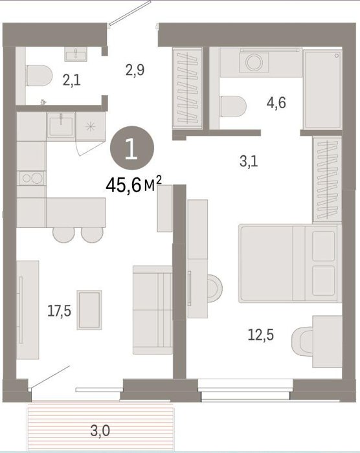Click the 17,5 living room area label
click(60, 311)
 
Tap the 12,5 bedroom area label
click(261, 335)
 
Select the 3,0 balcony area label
click(100, 432)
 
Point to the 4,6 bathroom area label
click(276, 103)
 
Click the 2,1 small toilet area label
click(72, 80)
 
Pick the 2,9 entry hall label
click(135, 70)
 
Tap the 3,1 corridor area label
click(249, 161)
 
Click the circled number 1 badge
click(132, 148)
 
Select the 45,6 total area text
click(133, 185)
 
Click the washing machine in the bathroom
click(254, 62)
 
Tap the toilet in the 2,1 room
click(39, 76)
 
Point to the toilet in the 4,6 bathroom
click(233, 107)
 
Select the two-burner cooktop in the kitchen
click(32, 178)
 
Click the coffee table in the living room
click(89, 310)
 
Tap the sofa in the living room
click(153, 310)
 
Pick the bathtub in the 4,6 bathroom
click(322, 89)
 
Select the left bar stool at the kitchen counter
click(64, 234)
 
